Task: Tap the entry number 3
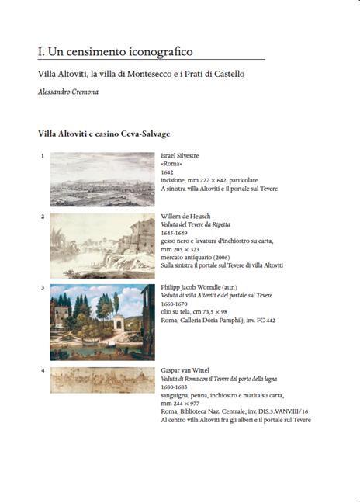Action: pos(42,287)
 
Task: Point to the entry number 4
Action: pos(42,370)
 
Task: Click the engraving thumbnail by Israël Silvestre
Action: pos(102,179)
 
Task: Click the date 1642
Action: pos(168,172)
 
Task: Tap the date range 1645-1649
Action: pos(175,232)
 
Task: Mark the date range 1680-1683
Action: pos(175,387)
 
